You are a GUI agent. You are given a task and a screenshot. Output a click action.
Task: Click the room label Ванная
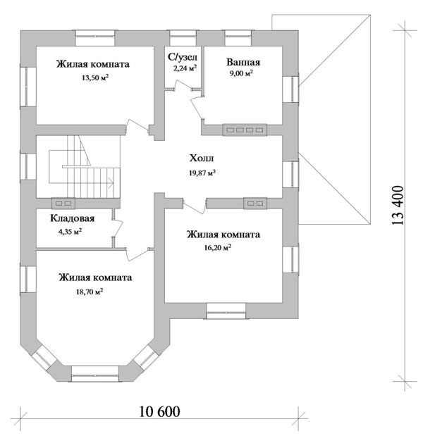click(x=242, y=61)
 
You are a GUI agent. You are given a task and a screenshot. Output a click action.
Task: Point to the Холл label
click(x=202, y=158)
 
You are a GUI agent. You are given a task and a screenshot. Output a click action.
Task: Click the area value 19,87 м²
click(x=202, y=173)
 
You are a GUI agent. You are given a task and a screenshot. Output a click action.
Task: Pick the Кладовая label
click(x=72, y=219)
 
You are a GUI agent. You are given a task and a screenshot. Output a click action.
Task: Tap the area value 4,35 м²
click(x=69, y=232)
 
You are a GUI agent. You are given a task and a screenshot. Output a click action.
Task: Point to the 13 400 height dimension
click(x=399, y=205)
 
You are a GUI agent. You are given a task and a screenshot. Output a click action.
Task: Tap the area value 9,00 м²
click(x=241, y=73)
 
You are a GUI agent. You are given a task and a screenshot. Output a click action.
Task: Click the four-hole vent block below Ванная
click(x=244, y=130)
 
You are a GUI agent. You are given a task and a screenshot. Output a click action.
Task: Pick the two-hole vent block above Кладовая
click(x=63, y=203)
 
